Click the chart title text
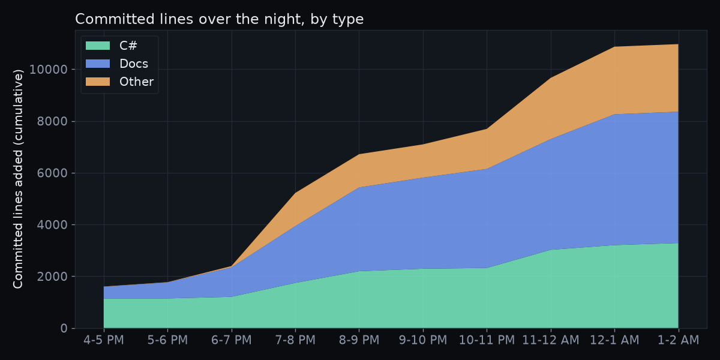219,19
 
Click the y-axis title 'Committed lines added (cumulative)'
18,179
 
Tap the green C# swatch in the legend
98,46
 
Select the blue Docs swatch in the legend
98,64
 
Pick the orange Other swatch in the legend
98,82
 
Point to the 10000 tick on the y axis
48,70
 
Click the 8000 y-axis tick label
52,121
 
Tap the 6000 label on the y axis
52,173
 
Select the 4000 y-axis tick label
52,224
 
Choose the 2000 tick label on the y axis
52,277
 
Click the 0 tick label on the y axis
64,328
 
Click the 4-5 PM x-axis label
103,340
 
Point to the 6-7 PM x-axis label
232,340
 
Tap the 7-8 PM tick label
295,340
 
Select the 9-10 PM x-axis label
423,340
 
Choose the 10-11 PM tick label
487,340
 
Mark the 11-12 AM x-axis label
551,340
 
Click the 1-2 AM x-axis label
678,340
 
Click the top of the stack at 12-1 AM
614,47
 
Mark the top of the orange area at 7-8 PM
295,193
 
